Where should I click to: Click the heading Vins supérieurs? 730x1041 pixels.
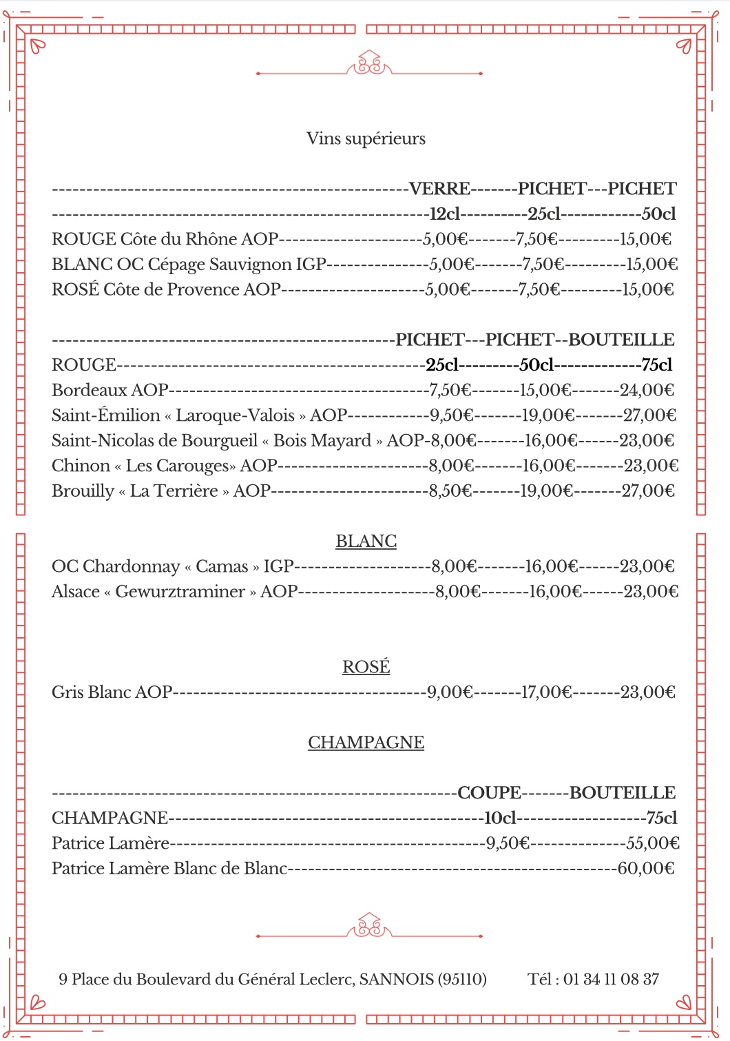tap(366, 138)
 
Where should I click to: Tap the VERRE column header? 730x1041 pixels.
tap(439, 189)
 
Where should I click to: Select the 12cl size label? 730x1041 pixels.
tap(444, 214)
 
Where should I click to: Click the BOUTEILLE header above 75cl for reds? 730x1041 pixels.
tap(621, 340)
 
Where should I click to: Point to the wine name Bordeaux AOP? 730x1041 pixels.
tap(109, 391)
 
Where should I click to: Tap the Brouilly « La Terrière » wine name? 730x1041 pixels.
tap(160, 491)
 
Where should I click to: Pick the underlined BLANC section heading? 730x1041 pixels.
tap(366, 542)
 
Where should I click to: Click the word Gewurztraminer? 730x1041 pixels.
tap(180, 592)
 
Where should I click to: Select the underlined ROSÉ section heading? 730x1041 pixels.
tap(366, 667)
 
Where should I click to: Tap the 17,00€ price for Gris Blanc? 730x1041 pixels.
tap(546, 692)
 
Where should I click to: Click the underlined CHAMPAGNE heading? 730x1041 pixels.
tap(366, 743)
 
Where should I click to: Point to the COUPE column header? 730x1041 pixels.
tap(489, 793)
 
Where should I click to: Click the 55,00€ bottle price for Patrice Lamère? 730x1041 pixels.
tap(652, 843)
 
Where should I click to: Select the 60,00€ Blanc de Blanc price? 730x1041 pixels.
tap(645, 869)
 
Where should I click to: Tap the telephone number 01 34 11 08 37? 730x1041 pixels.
tap(611, 979)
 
